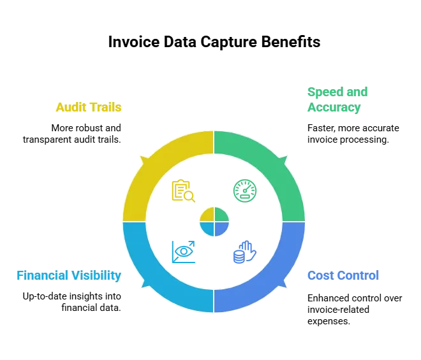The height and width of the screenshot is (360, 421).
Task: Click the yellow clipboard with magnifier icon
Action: point(182,191)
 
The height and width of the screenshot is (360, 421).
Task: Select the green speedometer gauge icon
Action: point(246,191)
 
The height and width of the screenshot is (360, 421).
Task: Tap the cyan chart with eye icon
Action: point(183,252)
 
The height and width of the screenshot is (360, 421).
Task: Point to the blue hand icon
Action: point(245,252)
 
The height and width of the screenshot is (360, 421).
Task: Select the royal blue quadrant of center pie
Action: point(221,228)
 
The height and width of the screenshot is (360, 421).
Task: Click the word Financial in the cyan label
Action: point(41,276)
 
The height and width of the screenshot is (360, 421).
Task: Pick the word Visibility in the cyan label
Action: point(96,276)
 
